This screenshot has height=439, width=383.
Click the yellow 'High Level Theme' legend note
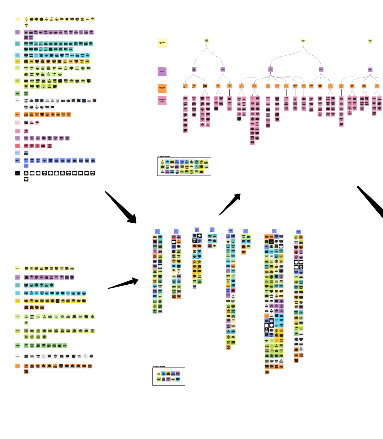(x=162, y=43)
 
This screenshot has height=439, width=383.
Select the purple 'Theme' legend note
(x=162, y=72)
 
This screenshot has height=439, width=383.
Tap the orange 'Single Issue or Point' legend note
(x=162, y=88)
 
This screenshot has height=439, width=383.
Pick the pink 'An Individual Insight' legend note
(x=162, y=100)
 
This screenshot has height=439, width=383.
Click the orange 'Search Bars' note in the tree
(x=295, y=86)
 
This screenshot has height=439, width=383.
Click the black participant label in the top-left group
(x=17, y=173)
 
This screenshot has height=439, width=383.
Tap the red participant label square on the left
(x=17, y=146)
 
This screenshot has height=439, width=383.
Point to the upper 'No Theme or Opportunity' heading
(x=164, y=157)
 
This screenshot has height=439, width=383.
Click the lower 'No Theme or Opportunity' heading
(x=159, y=367)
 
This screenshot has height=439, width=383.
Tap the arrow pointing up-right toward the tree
(x=230, y=204)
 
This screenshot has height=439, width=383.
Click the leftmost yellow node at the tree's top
(x=207, y=41)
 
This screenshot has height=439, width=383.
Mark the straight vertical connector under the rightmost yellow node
(x=370, y=55)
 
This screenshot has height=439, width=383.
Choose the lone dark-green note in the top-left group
(x=26, y=94)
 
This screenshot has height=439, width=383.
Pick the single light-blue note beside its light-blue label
(x=26, y=153)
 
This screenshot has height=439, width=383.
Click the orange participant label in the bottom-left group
(x=17, y=366)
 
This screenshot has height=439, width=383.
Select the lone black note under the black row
(x=26, y=179)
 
